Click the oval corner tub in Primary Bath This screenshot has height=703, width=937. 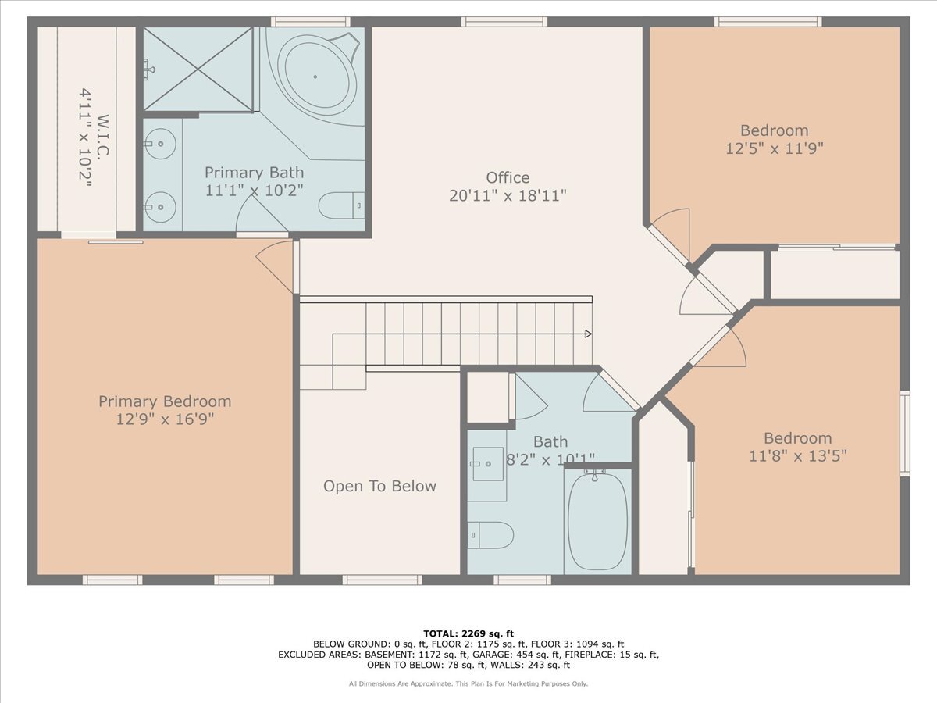[x=315, y=77]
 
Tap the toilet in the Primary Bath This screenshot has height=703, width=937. [x=341, y=205]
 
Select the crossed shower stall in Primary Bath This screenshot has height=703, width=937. [x=198, y=70]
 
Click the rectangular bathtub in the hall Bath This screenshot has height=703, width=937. [x=597, y=521]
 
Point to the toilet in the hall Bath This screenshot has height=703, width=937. [x=490, y=535]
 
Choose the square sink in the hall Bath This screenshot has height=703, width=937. [x=488, y=464]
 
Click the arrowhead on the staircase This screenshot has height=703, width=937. [x=588, y=334]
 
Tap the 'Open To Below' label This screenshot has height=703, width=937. [x=379, y=486]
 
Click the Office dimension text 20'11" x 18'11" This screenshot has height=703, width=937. [x=508, y=196]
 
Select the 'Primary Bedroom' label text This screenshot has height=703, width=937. [x=165, y=401]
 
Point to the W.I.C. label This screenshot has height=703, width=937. [x=104, y=136]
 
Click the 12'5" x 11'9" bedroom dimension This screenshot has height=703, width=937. [x=775, y=148]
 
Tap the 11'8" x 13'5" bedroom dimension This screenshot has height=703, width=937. [x=798, y=456]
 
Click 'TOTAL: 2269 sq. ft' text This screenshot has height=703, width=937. [x=468, y=633]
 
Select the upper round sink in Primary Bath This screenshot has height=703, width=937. [x=160, y=144]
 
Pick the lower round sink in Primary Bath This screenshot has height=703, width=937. [x=160, y=207]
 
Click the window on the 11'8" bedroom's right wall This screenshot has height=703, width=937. [x=904, y=434]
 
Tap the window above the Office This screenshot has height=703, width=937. [x=504, y=22]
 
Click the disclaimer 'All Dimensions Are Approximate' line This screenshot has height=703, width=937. [x=468, y=683]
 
